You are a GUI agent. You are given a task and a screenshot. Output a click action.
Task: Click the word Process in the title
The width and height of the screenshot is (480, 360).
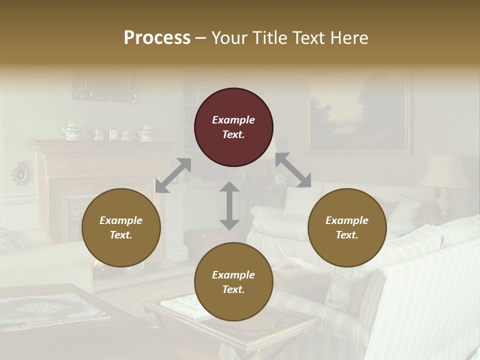(157, 37)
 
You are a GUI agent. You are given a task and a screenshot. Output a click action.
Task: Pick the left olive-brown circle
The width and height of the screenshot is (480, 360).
(121, 227)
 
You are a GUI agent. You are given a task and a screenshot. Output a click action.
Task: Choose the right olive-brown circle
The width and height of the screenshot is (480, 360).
(347, 227)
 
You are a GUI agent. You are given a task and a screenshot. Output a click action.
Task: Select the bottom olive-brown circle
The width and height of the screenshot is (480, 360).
(233, 282)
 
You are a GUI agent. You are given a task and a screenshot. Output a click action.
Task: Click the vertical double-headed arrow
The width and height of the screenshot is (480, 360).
(229, 205)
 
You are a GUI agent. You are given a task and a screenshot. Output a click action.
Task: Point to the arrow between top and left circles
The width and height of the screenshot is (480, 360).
(173, 175)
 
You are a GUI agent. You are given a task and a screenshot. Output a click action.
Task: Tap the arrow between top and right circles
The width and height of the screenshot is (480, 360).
(293, 170)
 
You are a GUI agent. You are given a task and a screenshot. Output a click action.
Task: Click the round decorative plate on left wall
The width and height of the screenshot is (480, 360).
(21, 173)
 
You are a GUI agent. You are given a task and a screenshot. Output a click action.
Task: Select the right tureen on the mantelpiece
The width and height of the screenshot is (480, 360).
(146, 132)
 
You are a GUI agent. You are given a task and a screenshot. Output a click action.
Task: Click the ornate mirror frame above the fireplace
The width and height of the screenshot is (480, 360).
(104, 86)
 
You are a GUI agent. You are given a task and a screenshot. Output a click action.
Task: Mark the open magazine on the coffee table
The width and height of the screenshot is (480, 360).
(181, 305)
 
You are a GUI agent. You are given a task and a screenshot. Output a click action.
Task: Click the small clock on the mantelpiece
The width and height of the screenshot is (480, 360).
(113, 134)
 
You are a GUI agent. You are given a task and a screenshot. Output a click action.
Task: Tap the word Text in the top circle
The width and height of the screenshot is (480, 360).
(233, 134)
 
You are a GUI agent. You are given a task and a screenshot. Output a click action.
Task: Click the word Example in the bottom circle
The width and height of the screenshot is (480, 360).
(233, 275)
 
